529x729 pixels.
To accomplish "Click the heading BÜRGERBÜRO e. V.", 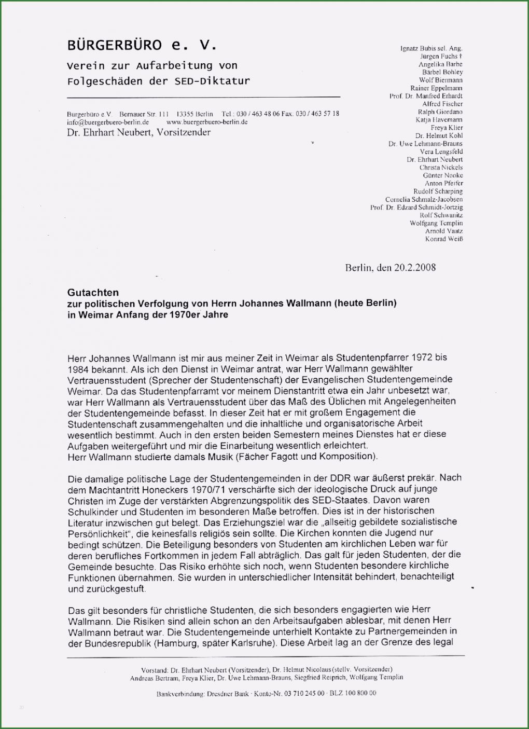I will tap(141, 46).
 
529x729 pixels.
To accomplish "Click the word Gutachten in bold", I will tap(93, 293).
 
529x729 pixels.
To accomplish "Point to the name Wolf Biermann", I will tap(441, 80).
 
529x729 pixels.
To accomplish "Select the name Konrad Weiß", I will tap(444, 239).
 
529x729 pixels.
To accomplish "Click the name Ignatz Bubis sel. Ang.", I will tap(431, 48).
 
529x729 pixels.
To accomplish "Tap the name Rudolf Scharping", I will tap(438, 191).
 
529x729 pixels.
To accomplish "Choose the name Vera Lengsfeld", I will tap(441, 152).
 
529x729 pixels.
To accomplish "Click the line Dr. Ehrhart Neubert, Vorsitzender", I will tap(138, 132).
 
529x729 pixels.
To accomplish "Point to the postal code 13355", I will tap(185, 114).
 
